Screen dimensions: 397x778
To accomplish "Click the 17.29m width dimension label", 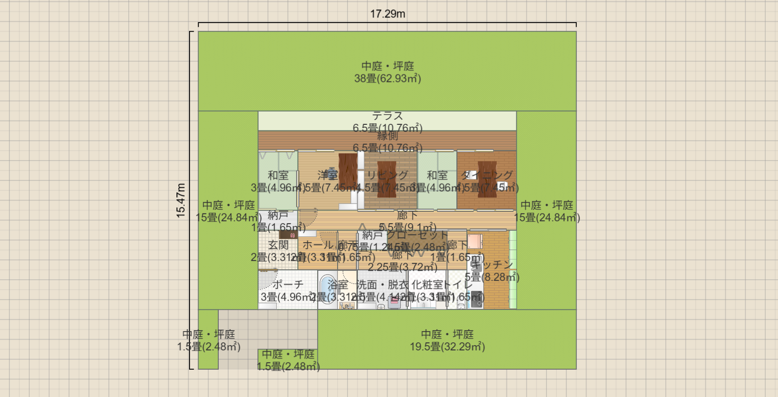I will [387, 14].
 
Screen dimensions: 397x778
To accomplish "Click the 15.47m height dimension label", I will [181, 201].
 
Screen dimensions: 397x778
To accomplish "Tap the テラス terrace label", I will [388, 116].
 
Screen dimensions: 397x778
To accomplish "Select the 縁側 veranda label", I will [388, 137].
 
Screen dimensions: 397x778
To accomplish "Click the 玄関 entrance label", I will [278, 245].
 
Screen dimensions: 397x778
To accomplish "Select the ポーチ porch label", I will [288, 284].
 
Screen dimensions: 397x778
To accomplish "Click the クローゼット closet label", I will [417, 235].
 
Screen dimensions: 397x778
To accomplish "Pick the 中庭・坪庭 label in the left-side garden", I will [228, 205].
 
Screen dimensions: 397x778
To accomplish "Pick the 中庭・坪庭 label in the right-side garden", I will [546, 205].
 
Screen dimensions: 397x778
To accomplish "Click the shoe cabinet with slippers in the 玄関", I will [288, 235].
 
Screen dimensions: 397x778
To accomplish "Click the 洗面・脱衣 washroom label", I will [382, 284].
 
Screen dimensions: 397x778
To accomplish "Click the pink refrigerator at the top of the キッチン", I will [475, 241].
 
